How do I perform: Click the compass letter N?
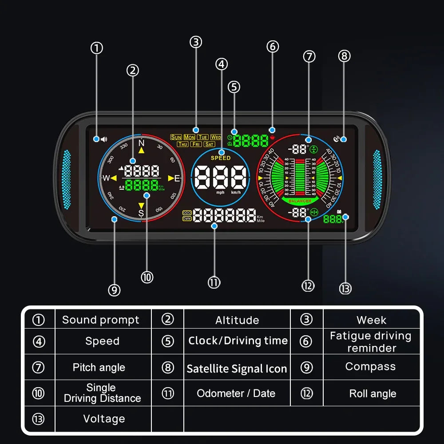click(x=142, y=143)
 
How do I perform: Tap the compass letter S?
click(x=141, y=213)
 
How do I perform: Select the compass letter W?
click(x=106, y=178)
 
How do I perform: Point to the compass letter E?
click(x=177, y=178)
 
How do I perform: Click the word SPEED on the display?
click(x=221, y=158)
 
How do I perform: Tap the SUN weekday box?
click(x=176, y=137)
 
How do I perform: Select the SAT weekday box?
click(x=209, y=144)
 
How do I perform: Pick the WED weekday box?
click(x=216, y=137)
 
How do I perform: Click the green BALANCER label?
click(x=300, y=201)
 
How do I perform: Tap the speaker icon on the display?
click(x=104, y=139)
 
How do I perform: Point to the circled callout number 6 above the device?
click(x=273, y=46)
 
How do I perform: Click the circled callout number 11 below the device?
click(x=214, y=282)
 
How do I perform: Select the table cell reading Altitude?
click(x=237, y=320)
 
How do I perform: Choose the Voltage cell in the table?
click(x=104, y=419)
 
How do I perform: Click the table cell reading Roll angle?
click(x=373, y=394)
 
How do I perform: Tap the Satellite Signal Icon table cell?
click(x=237, y=369)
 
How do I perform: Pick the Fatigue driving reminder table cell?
click(x=371, y=342)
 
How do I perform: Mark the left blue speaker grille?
click(x=67, y=180)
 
